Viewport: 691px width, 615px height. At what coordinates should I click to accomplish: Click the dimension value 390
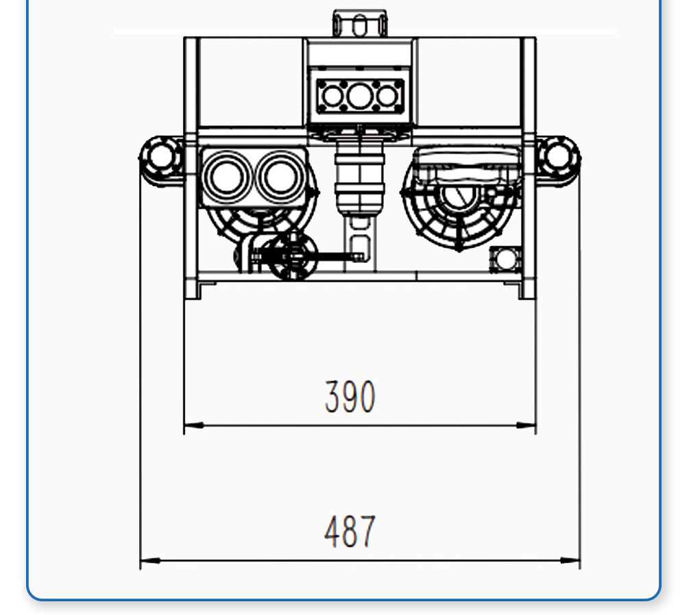click(350, 397)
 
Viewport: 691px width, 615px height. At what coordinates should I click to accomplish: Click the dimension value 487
click(350, 531)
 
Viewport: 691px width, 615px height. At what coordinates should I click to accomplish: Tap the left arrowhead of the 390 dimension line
click(194, 426)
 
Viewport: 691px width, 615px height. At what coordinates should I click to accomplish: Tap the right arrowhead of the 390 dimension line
click(526, 426)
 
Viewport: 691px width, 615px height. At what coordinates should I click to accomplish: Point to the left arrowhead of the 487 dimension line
click(150, 561)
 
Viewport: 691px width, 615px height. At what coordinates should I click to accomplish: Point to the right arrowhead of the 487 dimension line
click(570, 561)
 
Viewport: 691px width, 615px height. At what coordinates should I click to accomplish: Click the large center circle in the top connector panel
click(360, 97)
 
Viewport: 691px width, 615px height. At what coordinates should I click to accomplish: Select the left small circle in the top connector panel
click(332, 97)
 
